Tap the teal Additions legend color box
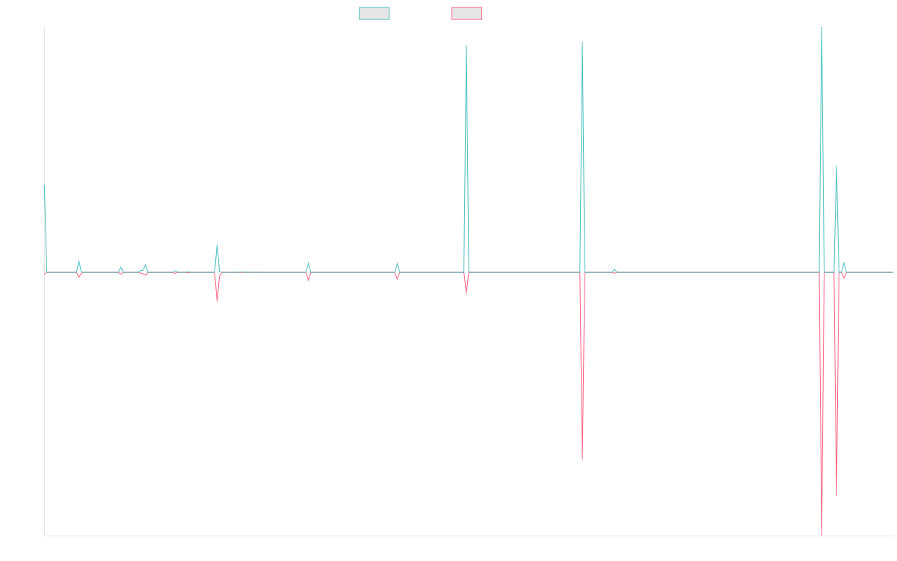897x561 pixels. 374,13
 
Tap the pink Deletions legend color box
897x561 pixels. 466,13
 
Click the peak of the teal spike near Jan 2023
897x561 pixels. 466,46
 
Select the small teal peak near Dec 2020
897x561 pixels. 218,245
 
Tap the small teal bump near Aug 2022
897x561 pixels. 397,263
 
